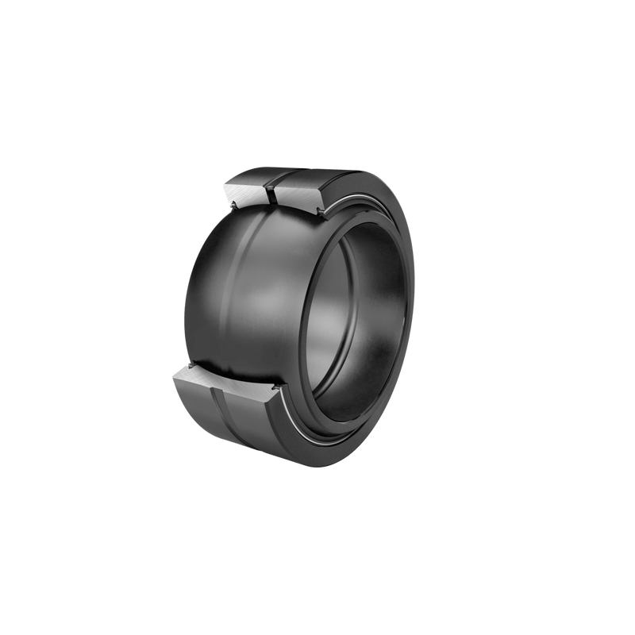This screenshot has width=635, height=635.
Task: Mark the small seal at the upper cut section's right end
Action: (321, 211)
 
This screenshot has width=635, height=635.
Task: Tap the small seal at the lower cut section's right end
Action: (278, 391)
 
